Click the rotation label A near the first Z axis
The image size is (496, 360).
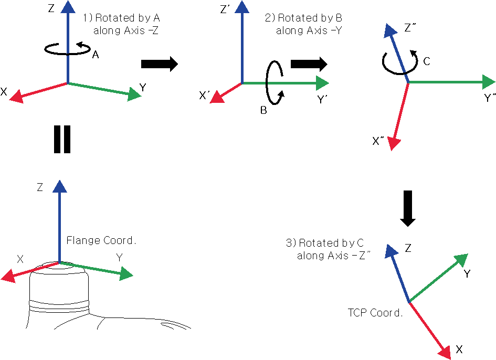coord(96,55)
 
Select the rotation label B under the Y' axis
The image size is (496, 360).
coord(264,110)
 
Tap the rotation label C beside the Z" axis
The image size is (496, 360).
coord(426,61)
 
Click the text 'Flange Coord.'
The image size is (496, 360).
coord(101,240)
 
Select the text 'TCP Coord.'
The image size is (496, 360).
coord(375,313)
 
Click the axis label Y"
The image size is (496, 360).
coord(490,98)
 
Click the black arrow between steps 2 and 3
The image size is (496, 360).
coord(309,64)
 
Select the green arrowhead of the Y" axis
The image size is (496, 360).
coord(488,82)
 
